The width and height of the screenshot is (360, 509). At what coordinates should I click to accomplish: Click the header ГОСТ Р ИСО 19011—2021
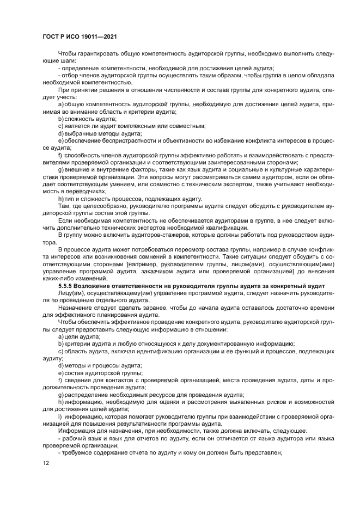point(80,36)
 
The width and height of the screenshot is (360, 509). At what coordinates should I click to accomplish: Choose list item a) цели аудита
point(79,337)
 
